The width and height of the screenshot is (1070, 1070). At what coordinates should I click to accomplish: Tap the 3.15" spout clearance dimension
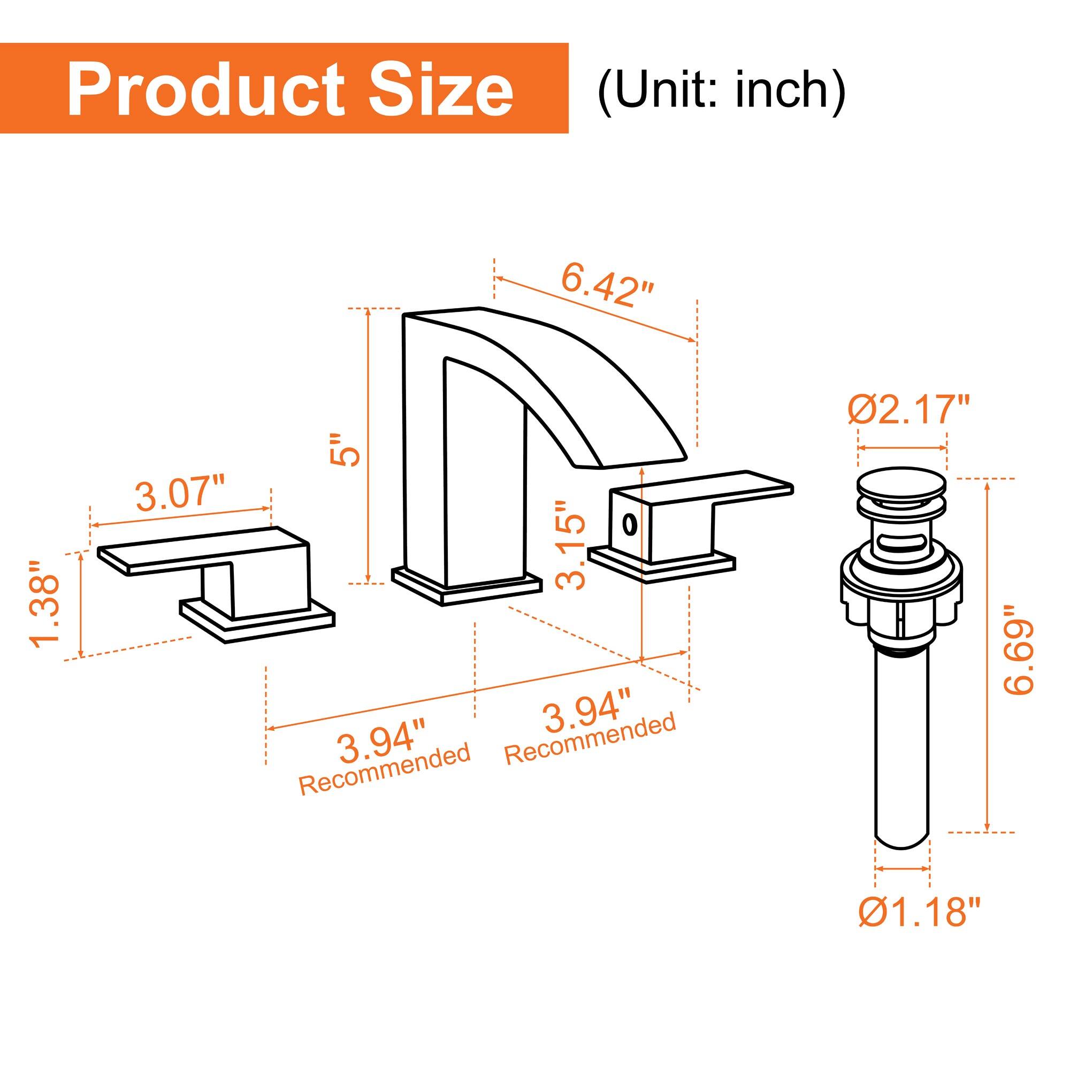(571, 546)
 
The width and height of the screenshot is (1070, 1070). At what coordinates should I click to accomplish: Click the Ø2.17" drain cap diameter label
(908, 410)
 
